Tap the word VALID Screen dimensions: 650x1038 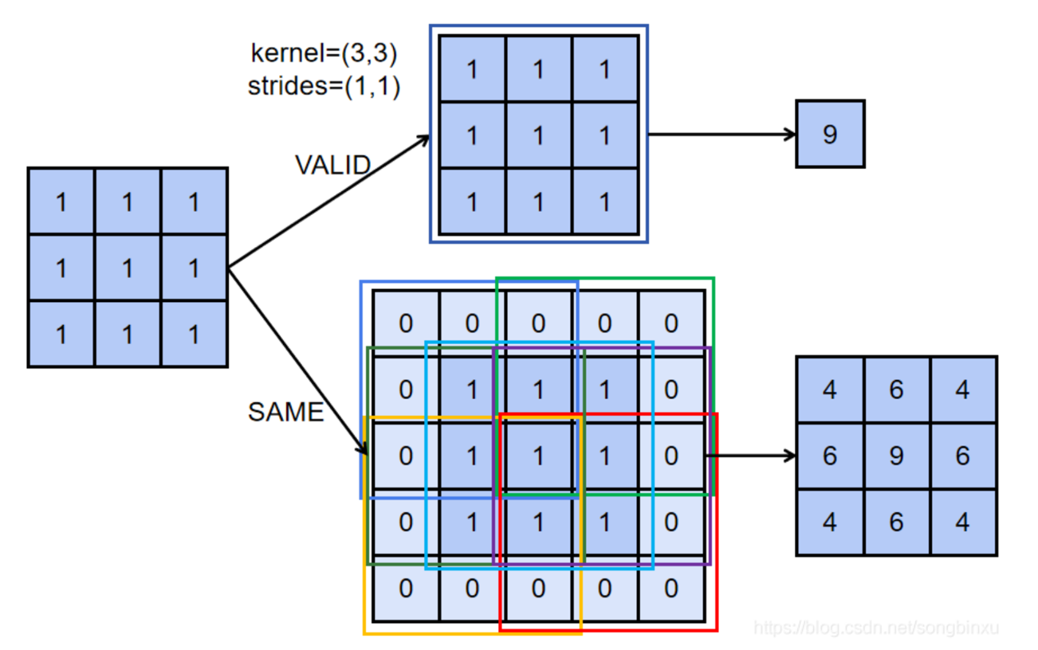click(x=332, y=165)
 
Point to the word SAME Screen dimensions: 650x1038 click(x=286, y=411)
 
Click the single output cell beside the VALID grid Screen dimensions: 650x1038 click(x=830, y=134)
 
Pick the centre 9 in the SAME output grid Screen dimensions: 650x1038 click(x=896, y=455)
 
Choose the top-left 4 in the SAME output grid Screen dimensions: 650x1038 click(x=830, y=389)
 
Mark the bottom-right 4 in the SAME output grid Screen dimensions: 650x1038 click(x=963, y=522)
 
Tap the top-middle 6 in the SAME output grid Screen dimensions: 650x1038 click(x=896, y=389)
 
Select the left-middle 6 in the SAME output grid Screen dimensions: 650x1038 click(x=830, y=455)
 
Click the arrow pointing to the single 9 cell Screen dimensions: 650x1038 click(x=722, y=134)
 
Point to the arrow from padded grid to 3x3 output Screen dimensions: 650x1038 click(x=751, y=455)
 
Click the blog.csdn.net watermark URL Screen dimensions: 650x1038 click(x=876, y=628)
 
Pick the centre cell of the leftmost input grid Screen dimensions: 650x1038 click(x=127, y=268)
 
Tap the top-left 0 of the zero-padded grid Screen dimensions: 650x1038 click(x=405, y=323)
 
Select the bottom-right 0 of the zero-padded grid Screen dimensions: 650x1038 click(x=671, y=588)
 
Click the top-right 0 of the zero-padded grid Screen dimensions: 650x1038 click(x=671, y=323)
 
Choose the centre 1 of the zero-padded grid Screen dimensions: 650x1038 click(x=538, y=455)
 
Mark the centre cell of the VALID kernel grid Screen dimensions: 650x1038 click(x=538, y=135)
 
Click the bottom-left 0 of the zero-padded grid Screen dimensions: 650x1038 click(x=405, y=588)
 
